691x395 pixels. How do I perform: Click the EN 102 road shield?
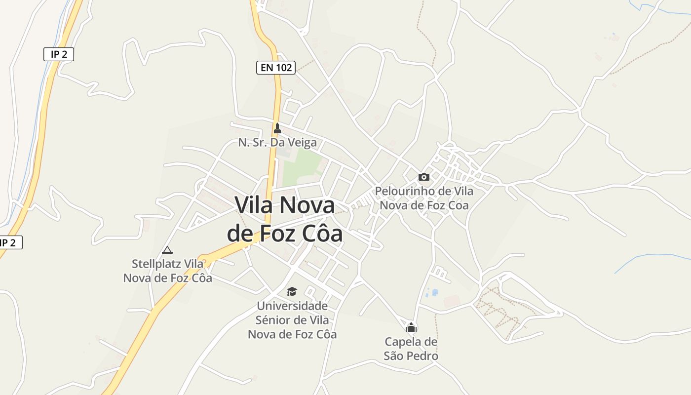[x=275, y=68]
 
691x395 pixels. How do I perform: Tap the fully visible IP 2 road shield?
[x=59, y=54]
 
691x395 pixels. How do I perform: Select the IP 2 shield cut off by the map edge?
[x=10, y=242]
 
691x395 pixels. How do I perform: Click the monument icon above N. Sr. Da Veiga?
[x=277, y=128]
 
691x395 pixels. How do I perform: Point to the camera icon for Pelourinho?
[x=423, y=177]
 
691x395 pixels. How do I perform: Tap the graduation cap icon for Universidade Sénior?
[x=292, y=291]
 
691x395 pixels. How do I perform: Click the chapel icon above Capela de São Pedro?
[x=411, y=327]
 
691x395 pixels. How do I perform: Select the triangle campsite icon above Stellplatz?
[x=167, y=250]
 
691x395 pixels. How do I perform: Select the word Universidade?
[x=292, y=306]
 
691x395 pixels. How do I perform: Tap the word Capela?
[x=404, y=342]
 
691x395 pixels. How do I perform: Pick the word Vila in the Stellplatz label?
[x=193, y=264]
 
